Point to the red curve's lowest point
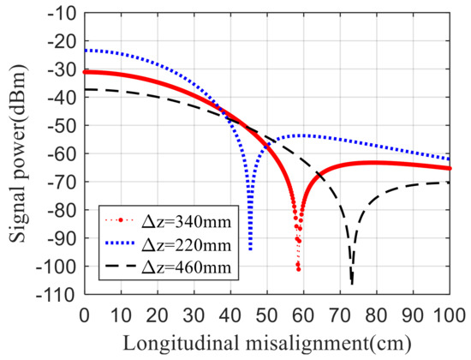[x=298, y=269]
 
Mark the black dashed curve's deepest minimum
[x=352, y=284]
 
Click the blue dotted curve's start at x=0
[x=84, y=51]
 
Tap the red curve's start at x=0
[x=84, y=72]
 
